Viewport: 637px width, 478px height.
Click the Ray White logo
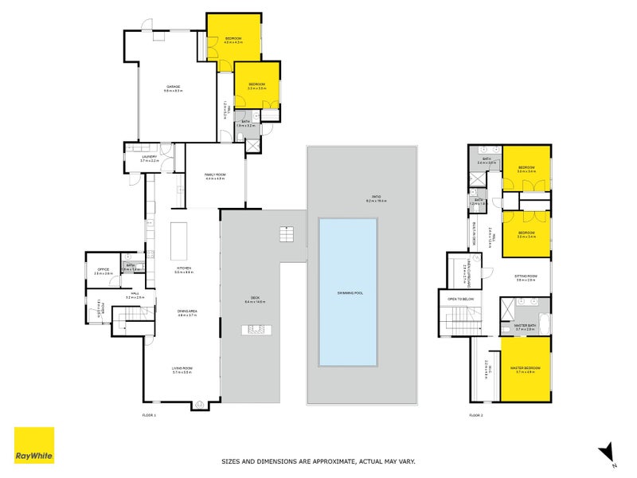pyautogui.click(x=34, y=445)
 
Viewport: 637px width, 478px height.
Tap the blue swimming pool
pyautogui.click(x=348, y=290)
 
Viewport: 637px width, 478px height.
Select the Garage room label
pyautogui.click(x=173, y=87)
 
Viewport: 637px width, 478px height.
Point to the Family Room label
pyautogui.click(x=215, y=176)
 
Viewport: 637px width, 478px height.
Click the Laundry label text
pyautogui.click(x=150, y=157)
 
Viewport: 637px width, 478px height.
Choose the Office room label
pyautogui.click(x=103, y=270)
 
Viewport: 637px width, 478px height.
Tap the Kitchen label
pyautogui.click(x=184, y=268)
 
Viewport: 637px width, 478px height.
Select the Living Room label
pyautogui.click(x=183, y=368)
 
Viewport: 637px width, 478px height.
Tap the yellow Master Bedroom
pyautogui.click(x=526, y=368)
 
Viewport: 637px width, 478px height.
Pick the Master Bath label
pyautogui.click(x=525, y=325)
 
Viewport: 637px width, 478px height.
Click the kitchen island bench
pyautogui.click(x=176, y=237)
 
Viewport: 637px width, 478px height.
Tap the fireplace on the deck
pyautogui.click(x=256, y=329)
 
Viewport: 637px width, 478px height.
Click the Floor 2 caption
pyautogui.click(x=476, y=415)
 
